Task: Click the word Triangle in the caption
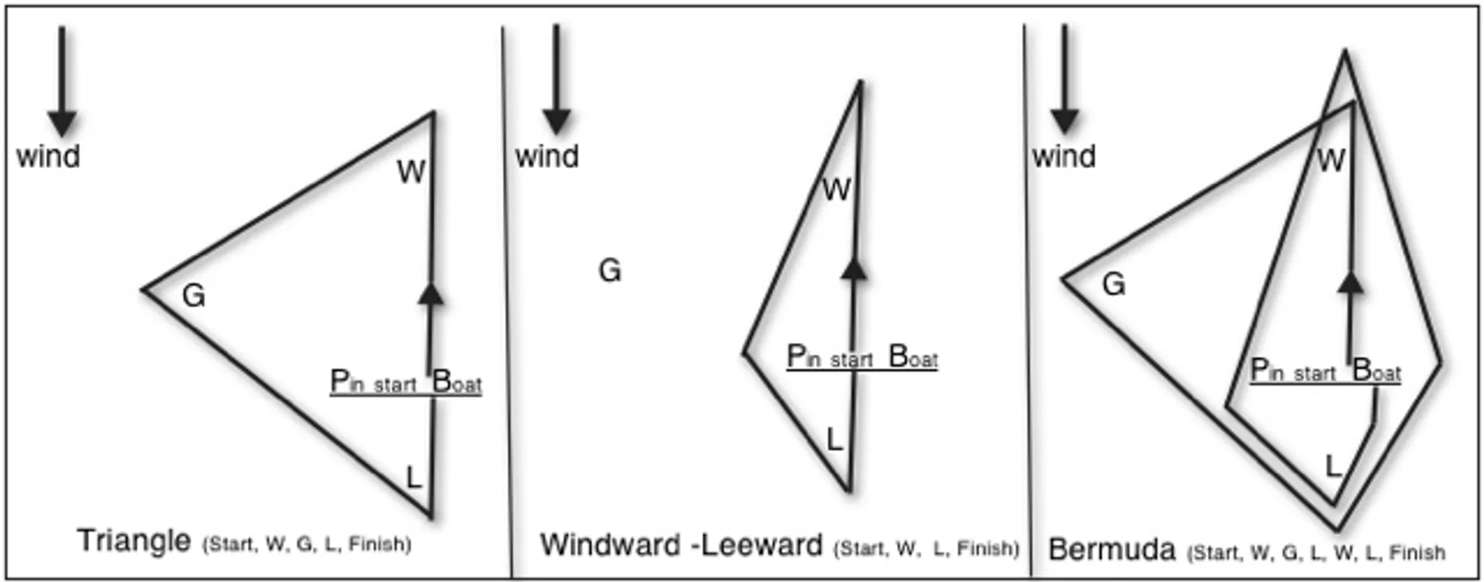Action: point(134,541)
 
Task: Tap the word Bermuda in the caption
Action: point(1112,550)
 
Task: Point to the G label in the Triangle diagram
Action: point(193,296)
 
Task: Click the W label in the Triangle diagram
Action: point(411,172)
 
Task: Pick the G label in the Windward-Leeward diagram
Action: point(609,271)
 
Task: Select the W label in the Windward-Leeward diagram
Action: point(836,191)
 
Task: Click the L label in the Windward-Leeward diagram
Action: point(835,440)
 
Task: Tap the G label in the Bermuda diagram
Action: point(1114,284)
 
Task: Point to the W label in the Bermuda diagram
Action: point(1331,161)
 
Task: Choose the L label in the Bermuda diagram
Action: point(1333,467)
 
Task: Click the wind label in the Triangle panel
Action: point(48,157)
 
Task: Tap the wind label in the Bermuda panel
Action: point(1064,157)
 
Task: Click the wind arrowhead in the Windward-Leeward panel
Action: point(556,122)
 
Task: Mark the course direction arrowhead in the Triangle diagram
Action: point(431,294)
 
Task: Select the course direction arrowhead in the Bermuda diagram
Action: point(1350,282)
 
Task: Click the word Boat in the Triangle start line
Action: point(457,382)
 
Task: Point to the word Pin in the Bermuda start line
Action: point(1267,370)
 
